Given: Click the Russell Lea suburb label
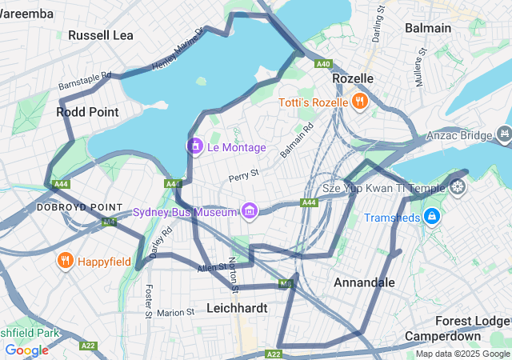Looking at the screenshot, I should pyautogui.click(x=101, y=35).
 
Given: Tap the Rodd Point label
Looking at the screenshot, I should pyautogui.click(x=87, y=112).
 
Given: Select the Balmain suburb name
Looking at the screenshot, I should pyautogui.click(x=427, y=28).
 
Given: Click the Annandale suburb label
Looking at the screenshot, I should pyautogui.click(x=364, y=282).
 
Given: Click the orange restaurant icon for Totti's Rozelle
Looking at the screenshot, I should pyautogui.click(x=360, y=102).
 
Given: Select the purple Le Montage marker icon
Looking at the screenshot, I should pyautogui.click(x=194, y=146).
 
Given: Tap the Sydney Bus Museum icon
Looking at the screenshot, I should pyautogui.click(x=250, y=211).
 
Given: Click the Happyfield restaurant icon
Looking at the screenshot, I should pyautogui.click(x=65, y=261).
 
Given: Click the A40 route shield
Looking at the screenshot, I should pyautogui.click(x=323, y=63).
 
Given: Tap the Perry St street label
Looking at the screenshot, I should pyautogui.click(x=244, y=173).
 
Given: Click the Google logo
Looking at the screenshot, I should pyautogui.click(x=26, y=350).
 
